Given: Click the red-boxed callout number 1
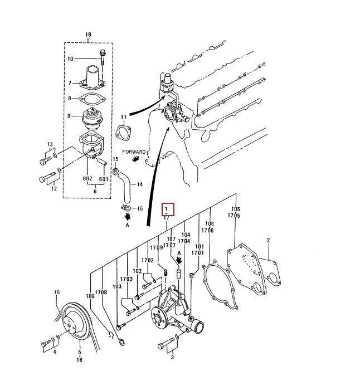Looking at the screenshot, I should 167,209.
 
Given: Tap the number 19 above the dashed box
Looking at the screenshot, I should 87,35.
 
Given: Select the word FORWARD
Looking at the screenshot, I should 135,152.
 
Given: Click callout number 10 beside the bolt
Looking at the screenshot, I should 70,59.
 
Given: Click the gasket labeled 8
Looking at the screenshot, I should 93,100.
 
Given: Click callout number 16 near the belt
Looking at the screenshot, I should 57,292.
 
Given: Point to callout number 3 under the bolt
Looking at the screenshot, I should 173,353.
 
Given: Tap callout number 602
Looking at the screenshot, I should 87,179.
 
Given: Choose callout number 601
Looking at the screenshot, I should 103,179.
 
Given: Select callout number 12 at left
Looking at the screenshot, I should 54,189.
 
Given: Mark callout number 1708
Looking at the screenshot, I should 101,292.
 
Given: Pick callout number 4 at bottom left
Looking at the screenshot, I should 55,352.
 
